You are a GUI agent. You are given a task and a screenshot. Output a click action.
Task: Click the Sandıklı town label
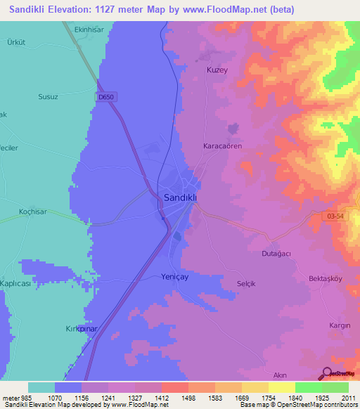tap(180, 198)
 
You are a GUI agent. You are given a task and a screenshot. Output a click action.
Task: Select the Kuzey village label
tap(217, 70)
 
